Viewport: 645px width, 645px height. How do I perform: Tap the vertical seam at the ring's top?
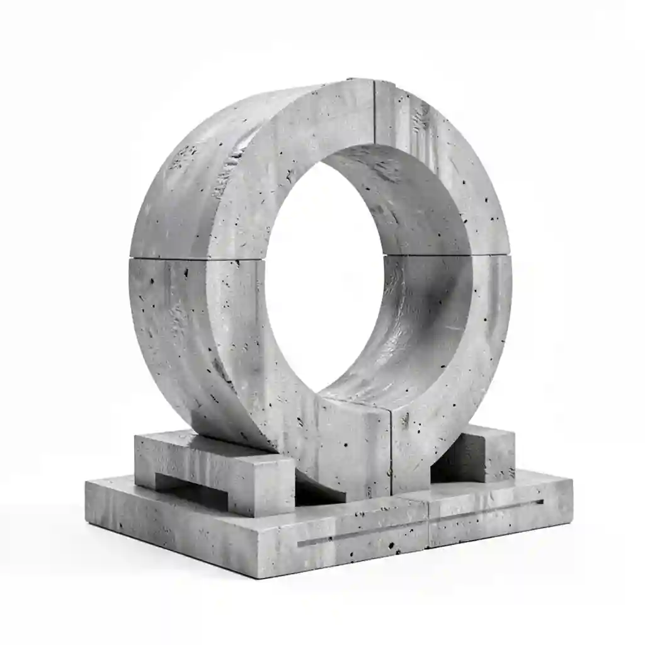point(374,113)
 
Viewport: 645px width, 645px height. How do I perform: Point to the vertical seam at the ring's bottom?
point(391,447)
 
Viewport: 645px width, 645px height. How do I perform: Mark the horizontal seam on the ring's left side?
point(195,258)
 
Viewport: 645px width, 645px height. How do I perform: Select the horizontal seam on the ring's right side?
point(491,255)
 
